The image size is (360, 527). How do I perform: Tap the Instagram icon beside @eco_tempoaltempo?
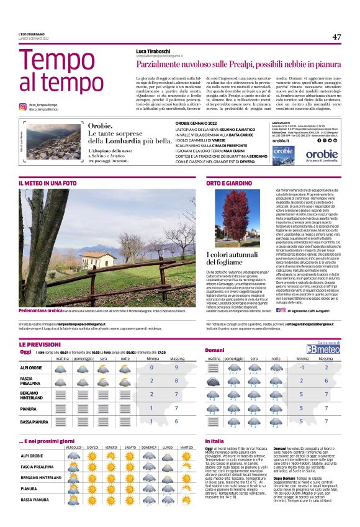22,107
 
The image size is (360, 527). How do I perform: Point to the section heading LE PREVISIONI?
40,344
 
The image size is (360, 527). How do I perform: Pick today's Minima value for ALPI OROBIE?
151,367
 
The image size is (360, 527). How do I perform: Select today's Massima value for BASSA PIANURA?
177,421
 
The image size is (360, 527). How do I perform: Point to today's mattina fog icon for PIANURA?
62,408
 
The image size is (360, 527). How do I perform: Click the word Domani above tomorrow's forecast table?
215,351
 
